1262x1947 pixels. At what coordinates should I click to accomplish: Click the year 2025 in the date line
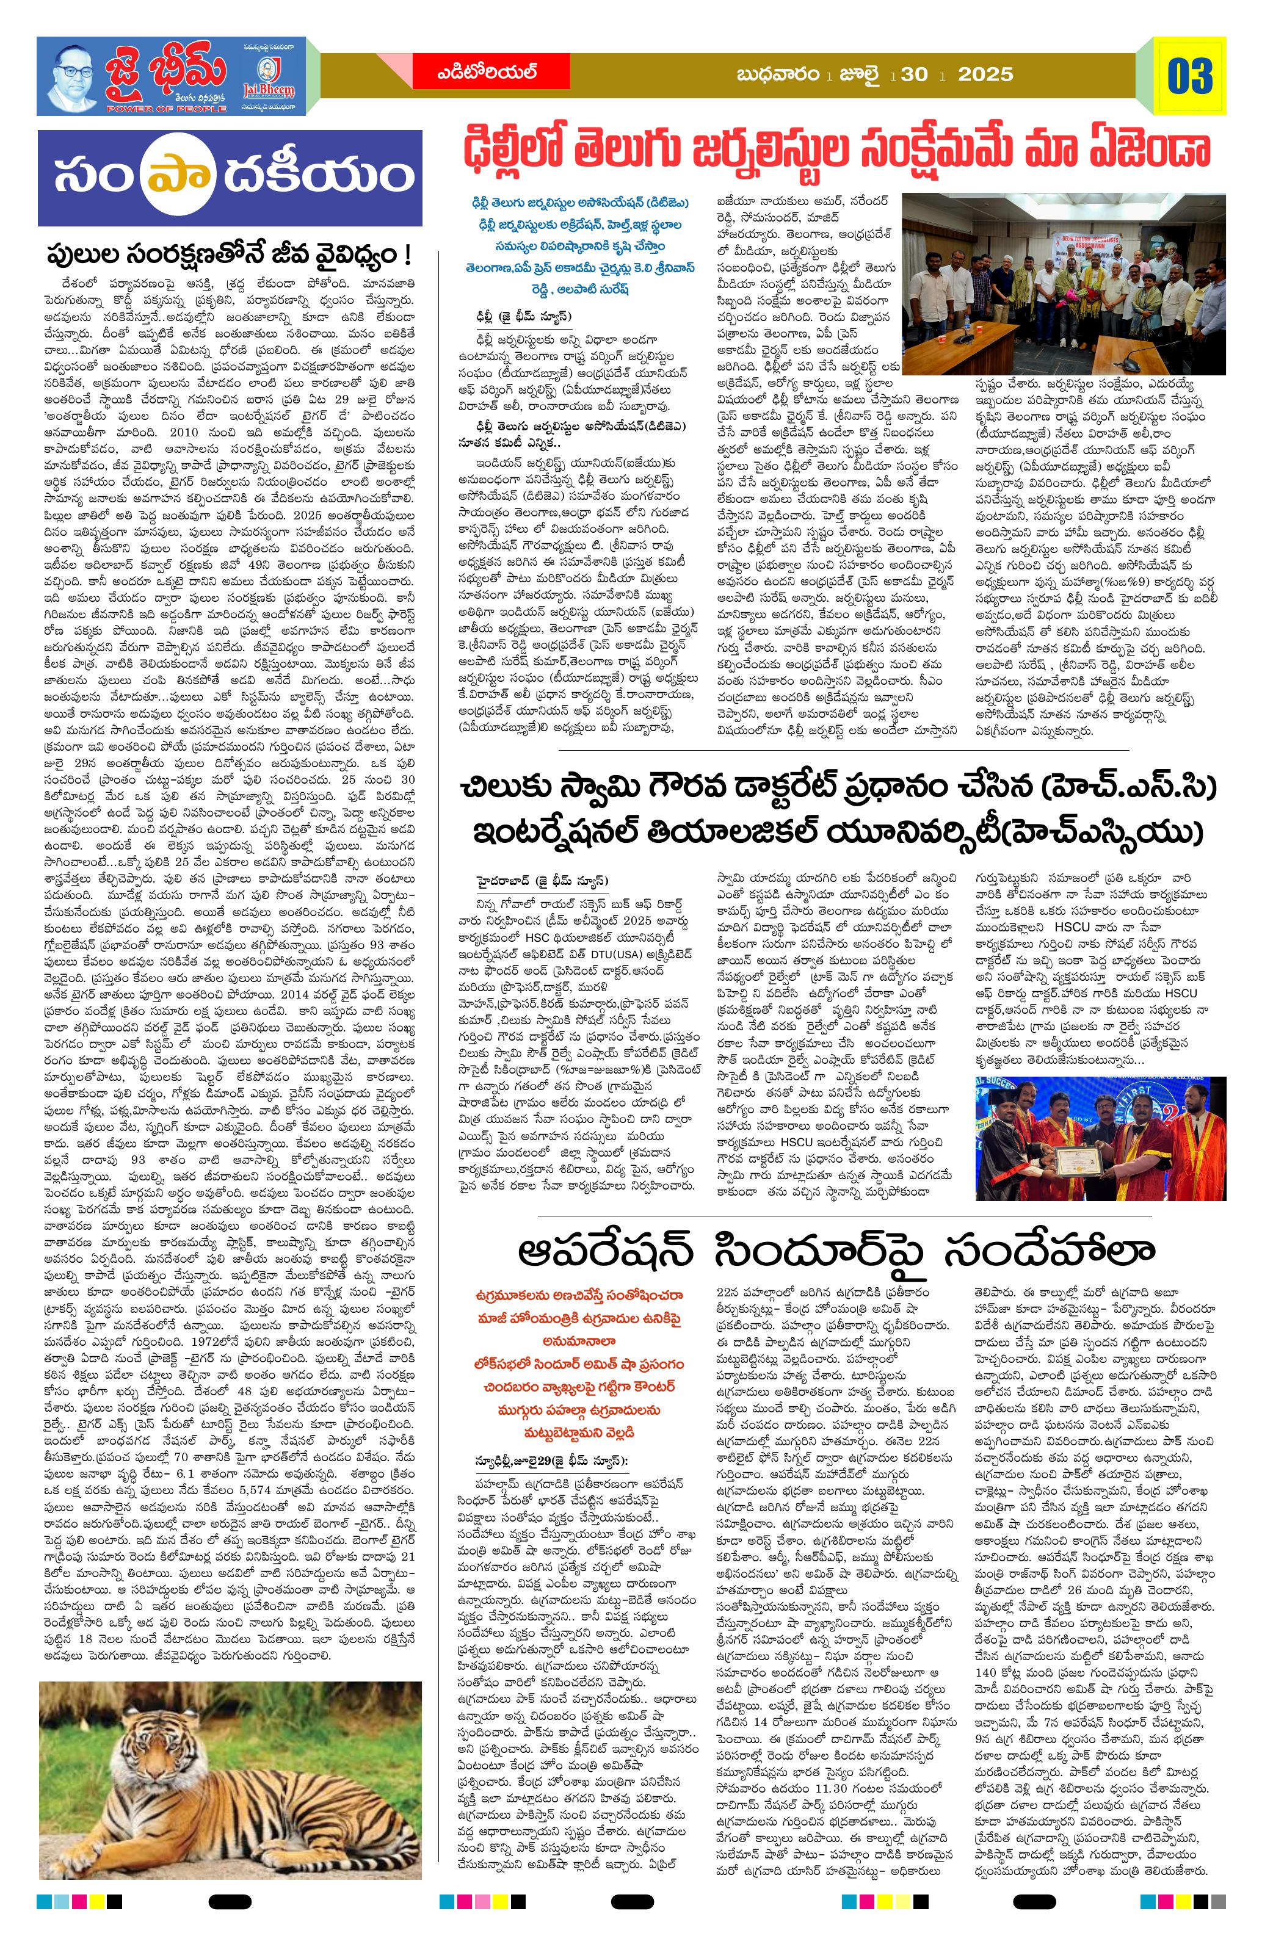click(x=985, y=74)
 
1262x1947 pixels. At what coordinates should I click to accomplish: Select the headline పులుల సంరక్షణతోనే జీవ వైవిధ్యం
click(x=228, y=255)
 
